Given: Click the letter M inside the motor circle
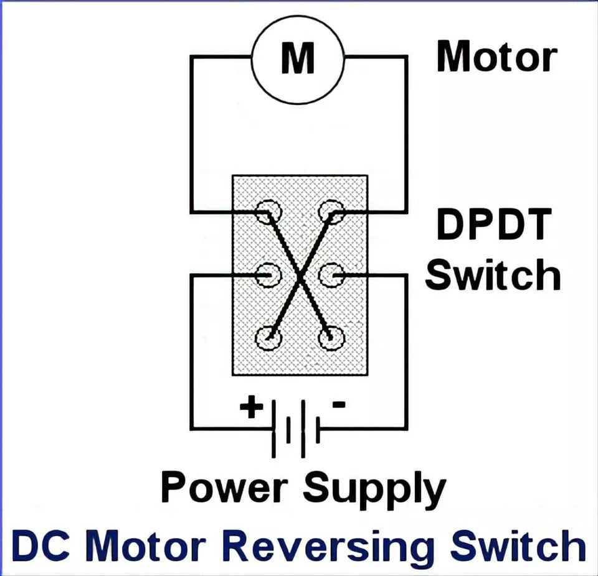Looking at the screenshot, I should tap(298, 58).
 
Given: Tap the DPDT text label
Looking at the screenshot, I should tap(494, 225).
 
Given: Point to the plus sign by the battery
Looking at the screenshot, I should tap(251, 407).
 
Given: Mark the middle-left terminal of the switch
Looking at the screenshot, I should tap(268, 274).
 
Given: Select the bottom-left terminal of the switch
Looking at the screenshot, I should tap(268, 338).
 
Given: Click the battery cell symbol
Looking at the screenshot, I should tap(296, 429).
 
